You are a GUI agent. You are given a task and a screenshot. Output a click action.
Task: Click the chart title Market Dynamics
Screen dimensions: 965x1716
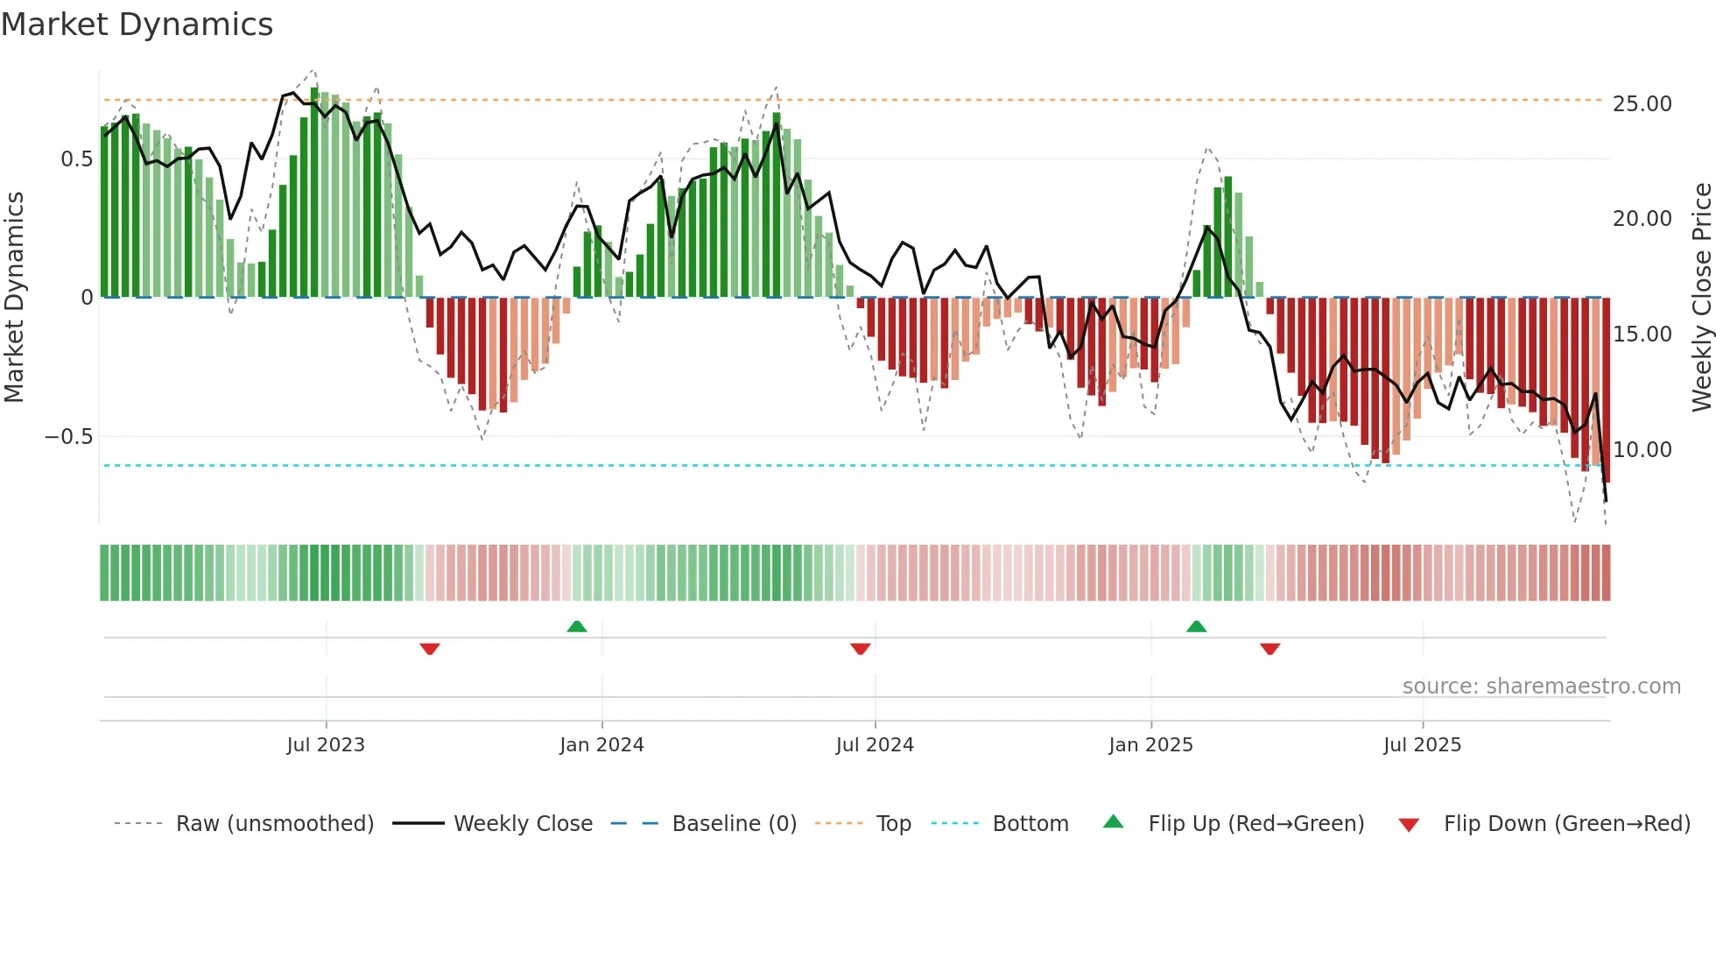[137, 25]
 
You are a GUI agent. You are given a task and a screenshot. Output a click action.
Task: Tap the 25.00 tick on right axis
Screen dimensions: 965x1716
[1642, 103]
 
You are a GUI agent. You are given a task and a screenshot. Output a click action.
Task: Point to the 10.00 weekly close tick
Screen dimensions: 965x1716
[1642, 449]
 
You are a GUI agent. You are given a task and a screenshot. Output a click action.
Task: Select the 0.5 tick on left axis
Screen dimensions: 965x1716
[76, 159]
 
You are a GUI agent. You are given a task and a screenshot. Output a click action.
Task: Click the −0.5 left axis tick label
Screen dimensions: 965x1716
[68, 436]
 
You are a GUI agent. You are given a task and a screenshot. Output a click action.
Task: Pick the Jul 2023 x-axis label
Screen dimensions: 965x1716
[326, 744]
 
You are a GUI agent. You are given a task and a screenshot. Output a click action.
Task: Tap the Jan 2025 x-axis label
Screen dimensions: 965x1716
[1150, 744]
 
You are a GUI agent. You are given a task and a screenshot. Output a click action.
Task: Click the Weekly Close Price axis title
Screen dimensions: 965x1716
[1700, 297]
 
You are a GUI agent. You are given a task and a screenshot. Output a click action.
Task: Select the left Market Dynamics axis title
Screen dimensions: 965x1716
[14, 297]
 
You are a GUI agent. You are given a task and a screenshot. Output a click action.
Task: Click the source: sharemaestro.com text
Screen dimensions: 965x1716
[1541, 686]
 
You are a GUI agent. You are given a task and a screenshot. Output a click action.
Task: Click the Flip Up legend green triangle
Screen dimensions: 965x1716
[1113, 821]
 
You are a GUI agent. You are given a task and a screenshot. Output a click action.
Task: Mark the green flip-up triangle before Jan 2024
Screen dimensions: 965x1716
[577, 626]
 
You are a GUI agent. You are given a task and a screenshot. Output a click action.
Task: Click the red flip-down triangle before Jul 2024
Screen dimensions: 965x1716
[861, 649]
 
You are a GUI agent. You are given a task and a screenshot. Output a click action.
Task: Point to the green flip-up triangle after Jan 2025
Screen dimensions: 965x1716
[1196, 626]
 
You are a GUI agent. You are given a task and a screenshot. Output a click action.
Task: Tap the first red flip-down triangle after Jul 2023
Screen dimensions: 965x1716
[430, 649]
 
